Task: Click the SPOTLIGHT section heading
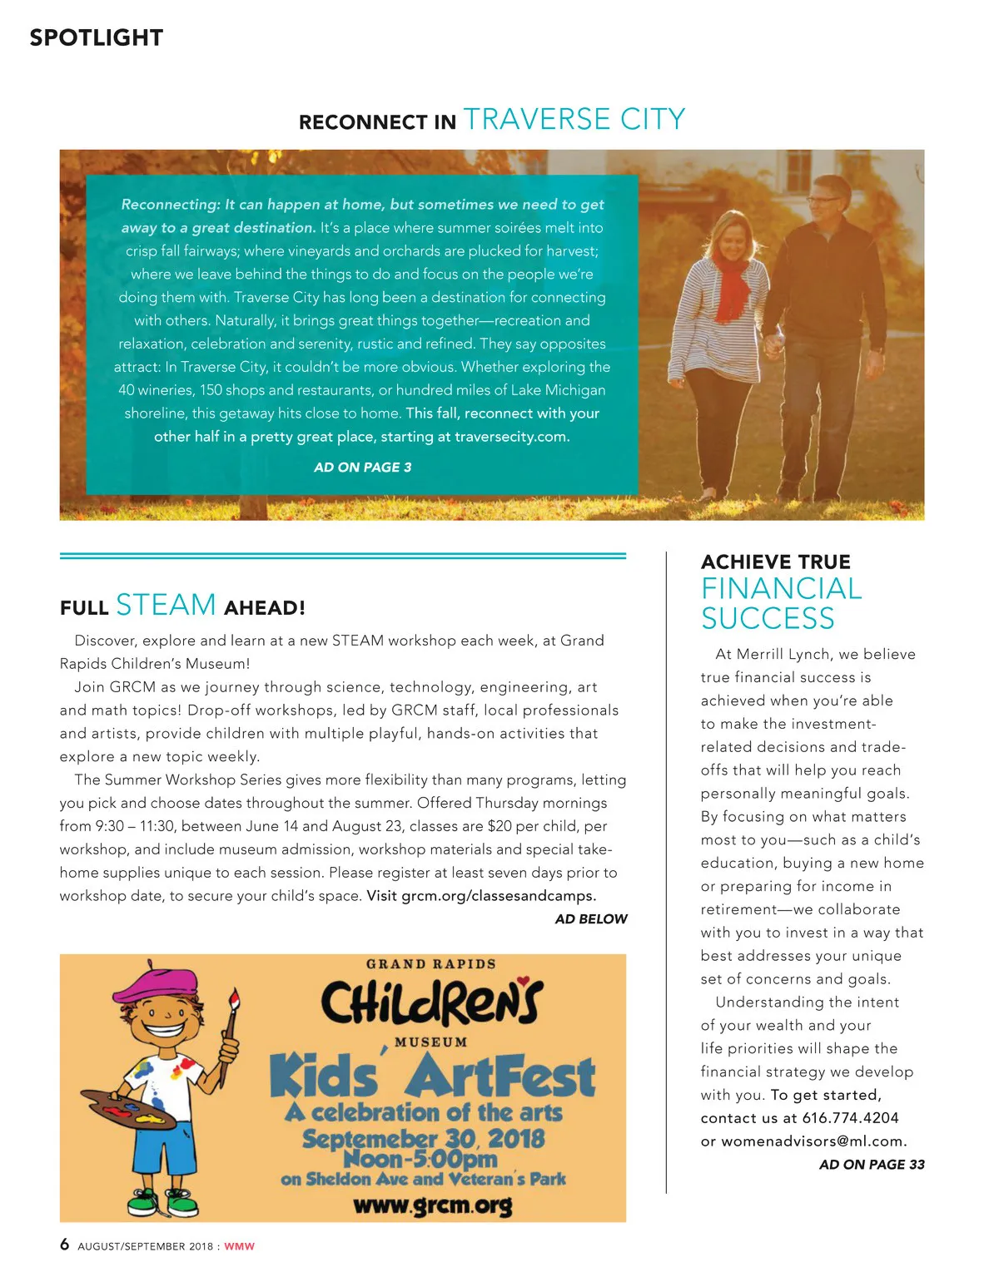96,37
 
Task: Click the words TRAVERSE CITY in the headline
574,120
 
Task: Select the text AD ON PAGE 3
362,468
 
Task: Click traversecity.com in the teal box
511,437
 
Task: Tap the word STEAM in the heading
166,605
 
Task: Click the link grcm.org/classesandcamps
498,896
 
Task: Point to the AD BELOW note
591,919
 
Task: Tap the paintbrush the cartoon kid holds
229,1032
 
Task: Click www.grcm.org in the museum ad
432,1205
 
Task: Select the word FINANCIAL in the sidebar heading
781,589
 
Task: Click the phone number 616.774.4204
850,1118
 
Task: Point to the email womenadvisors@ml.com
813,1141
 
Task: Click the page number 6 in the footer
65,1245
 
